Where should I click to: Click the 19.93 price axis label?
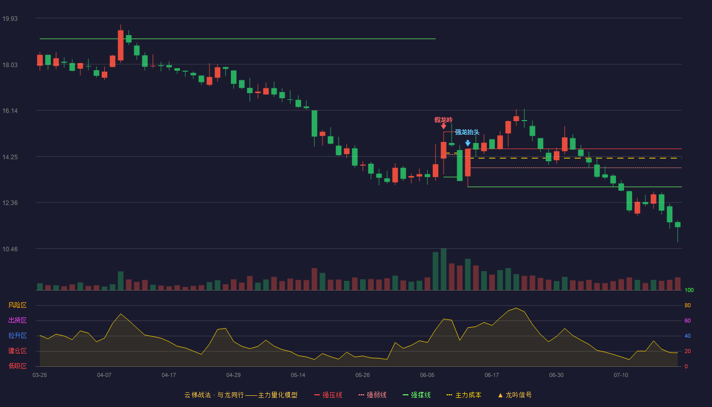tap(10, 19)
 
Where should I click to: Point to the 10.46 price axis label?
tap(10, 249)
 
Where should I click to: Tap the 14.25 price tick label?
tap(10, 157)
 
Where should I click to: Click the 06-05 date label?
tap(427, 375)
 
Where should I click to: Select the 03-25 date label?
tap(40, 375)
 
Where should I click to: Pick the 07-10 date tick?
tap(621, 375)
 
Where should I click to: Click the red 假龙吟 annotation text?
tap(443, 120)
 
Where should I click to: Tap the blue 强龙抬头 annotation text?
tap(467, 132)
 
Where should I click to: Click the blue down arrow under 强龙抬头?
tap(467, 143)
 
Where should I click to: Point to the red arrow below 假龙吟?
tap(443, 126)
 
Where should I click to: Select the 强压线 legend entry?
tap(328, 395)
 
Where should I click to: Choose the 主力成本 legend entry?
tap(464, 395)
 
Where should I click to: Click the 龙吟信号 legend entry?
tap(515, 395)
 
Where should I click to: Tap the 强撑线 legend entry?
tap(417, 395)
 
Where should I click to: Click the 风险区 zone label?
tap(17, 305)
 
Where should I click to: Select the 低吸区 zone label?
tap(17, 366)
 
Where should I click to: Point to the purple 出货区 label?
tap(17, 320)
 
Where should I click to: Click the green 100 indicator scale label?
tap(689, 290)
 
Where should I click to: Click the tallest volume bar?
tap(443, 269)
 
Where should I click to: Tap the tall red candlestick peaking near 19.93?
tap(121, 45)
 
